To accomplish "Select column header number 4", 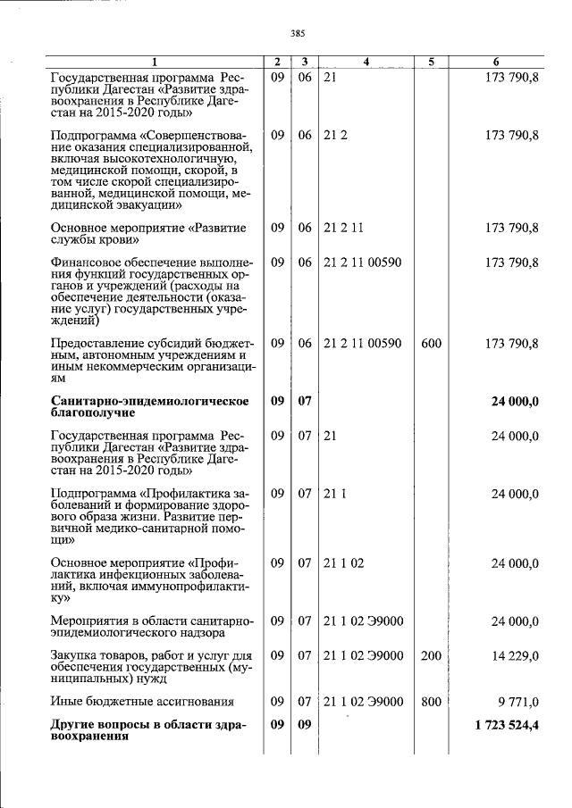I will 366,62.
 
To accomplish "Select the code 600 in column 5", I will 432,343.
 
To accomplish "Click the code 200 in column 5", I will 432,655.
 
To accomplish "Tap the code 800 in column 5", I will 432,702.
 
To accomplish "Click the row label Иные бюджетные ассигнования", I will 142,702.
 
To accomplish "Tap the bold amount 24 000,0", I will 515,402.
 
